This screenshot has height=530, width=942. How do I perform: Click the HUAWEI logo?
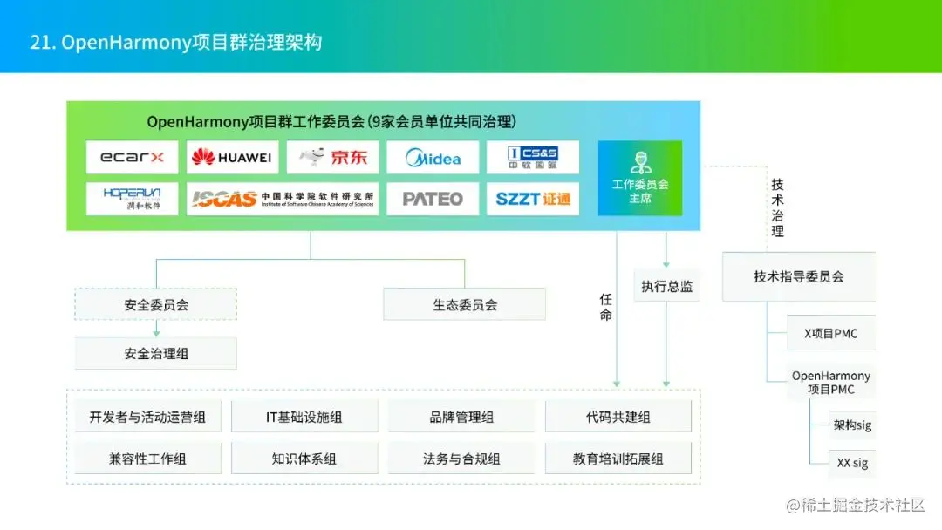click(233, 158)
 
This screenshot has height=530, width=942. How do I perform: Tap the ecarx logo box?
click(133, 158)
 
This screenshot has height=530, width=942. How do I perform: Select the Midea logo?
click(433, 158)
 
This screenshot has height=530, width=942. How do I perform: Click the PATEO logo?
click(433, 199)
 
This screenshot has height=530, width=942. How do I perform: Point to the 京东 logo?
click(332, 158)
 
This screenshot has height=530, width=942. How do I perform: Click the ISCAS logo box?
click(283, 199)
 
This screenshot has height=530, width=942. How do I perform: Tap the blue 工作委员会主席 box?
click(640, 178)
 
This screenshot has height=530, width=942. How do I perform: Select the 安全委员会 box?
click(156, 304)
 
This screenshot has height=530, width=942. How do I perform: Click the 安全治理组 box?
click(156, 353)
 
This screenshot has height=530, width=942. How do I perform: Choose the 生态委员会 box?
click(465, 304)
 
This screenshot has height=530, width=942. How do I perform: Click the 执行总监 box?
click(667, 286)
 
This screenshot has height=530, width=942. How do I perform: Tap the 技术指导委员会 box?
click(799, 276)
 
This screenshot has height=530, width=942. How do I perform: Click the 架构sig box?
click(852, 425)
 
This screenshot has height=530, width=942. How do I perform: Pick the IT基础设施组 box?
click(304, 417)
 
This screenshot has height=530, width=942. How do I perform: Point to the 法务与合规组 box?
click(461, 459)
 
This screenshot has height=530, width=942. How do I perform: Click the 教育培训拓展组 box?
click(618, 459)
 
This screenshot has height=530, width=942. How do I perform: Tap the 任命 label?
click(606, 306)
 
